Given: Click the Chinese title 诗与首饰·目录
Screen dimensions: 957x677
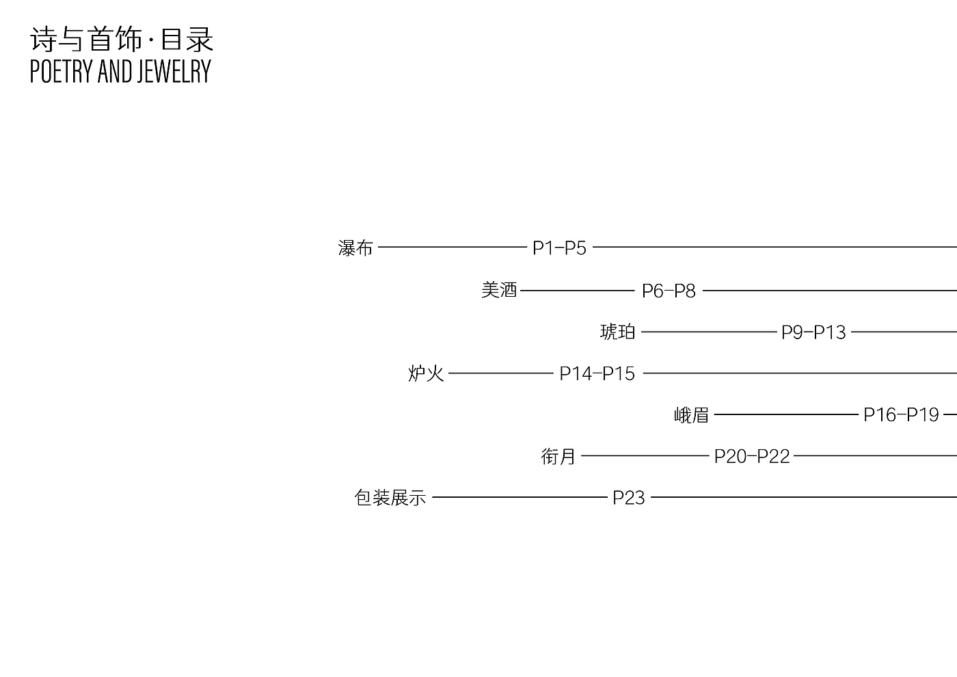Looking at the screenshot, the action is pos(122,40).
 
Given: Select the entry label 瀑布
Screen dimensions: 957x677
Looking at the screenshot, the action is pos(355,248).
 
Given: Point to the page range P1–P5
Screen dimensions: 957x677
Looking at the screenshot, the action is pos(559,248).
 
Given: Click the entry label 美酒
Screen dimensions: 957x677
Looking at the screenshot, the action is pos(499,290).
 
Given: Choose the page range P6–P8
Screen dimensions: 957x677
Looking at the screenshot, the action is pos(669,291).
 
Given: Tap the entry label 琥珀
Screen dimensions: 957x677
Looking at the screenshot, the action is pos(618,332).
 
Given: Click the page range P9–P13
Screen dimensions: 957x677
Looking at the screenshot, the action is pos(813,332).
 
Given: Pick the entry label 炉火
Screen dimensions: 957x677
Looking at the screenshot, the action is pos(426,373).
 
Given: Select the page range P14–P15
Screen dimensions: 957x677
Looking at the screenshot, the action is pos(597,373).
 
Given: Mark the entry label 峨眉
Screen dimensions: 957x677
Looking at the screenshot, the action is pos(691,414).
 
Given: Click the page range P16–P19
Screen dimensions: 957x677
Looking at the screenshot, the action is pos(901,414).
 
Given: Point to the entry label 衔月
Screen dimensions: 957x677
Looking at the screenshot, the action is pos(558,456).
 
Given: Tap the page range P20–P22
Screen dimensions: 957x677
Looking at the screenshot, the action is pos(752,456).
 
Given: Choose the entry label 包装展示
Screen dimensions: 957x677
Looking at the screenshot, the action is pos(390,497).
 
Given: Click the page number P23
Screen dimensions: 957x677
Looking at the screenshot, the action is pos(629,497).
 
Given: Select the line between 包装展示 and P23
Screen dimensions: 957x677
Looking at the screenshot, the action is pos(520,497).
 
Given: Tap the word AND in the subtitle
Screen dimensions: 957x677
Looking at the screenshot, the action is pos(116,72).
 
